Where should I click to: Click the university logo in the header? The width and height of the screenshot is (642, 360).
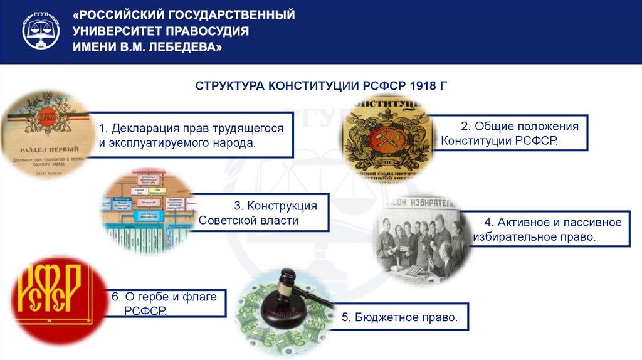[42, 31]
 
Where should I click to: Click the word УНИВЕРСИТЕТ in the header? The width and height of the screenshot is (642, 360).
[113, 31]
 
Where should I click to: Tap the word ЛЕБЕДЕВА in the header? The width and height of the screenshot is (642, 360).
[187, 48]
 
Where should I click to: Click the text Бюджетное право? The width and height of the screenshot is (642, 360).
[399, 317]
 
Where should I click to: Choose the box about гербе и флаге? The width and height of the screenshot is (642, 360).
[164, 304]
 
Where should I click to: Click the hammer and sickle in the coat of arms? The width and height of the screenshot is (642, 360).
[382, 136]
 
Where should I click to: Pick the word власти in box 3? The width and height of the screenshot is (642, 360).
[277, 220]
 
